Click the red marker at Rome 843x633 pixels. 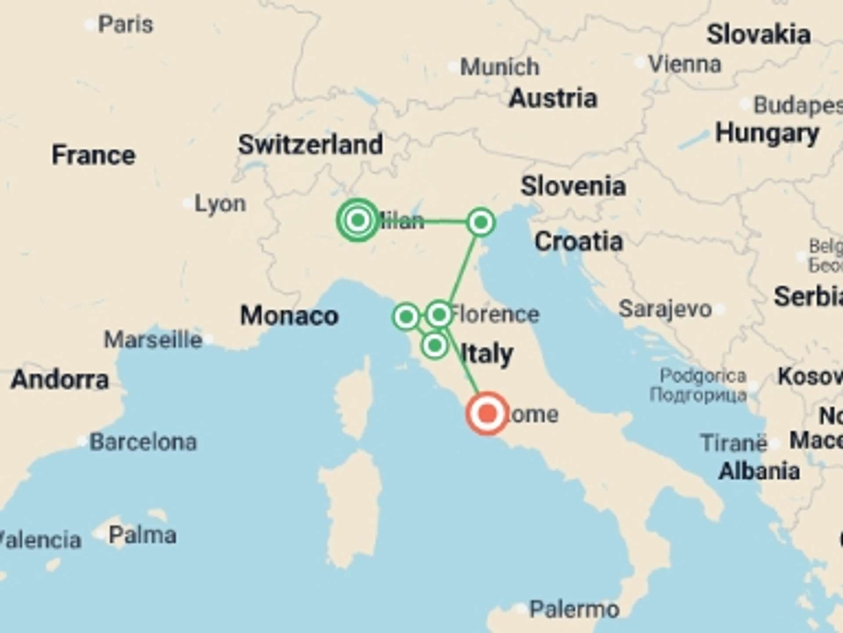tap(487, 414)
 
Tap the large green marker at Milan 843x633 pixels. tap(358, 220)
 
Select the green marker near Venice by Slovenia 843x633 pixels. tap(481, 222)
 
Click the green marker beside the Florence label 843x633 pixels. tap(439, 314)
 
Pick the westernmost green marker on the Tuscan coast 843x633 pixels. tap(406, 316)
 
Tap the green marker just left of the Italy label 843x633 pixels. tap(435, 346)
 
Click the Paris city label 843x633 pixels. tap(126, 24)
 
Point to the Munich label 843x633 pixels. tap(500, 67)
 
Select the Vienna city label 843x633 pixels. tap(685, 65)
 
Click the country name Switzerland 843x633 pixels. tap(310, 144)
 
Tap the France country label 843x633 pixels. tap(94, 155)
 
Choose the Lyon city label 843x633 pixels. tap(220, 204)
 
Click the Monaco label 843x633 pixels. tap(289, 316)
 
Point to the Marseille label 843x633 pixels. tap(153, 340)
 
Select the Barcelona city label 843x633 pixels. tap(143, 442)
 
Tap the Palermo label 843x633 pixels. tap(574, 609)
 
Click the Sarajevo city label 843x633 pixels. tap(665, 309)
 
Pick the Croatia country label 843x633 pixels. tap(579, 241)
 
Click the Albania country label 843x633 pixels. tap(759, 471)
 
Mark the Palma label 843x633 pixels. tap(142, 535)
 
